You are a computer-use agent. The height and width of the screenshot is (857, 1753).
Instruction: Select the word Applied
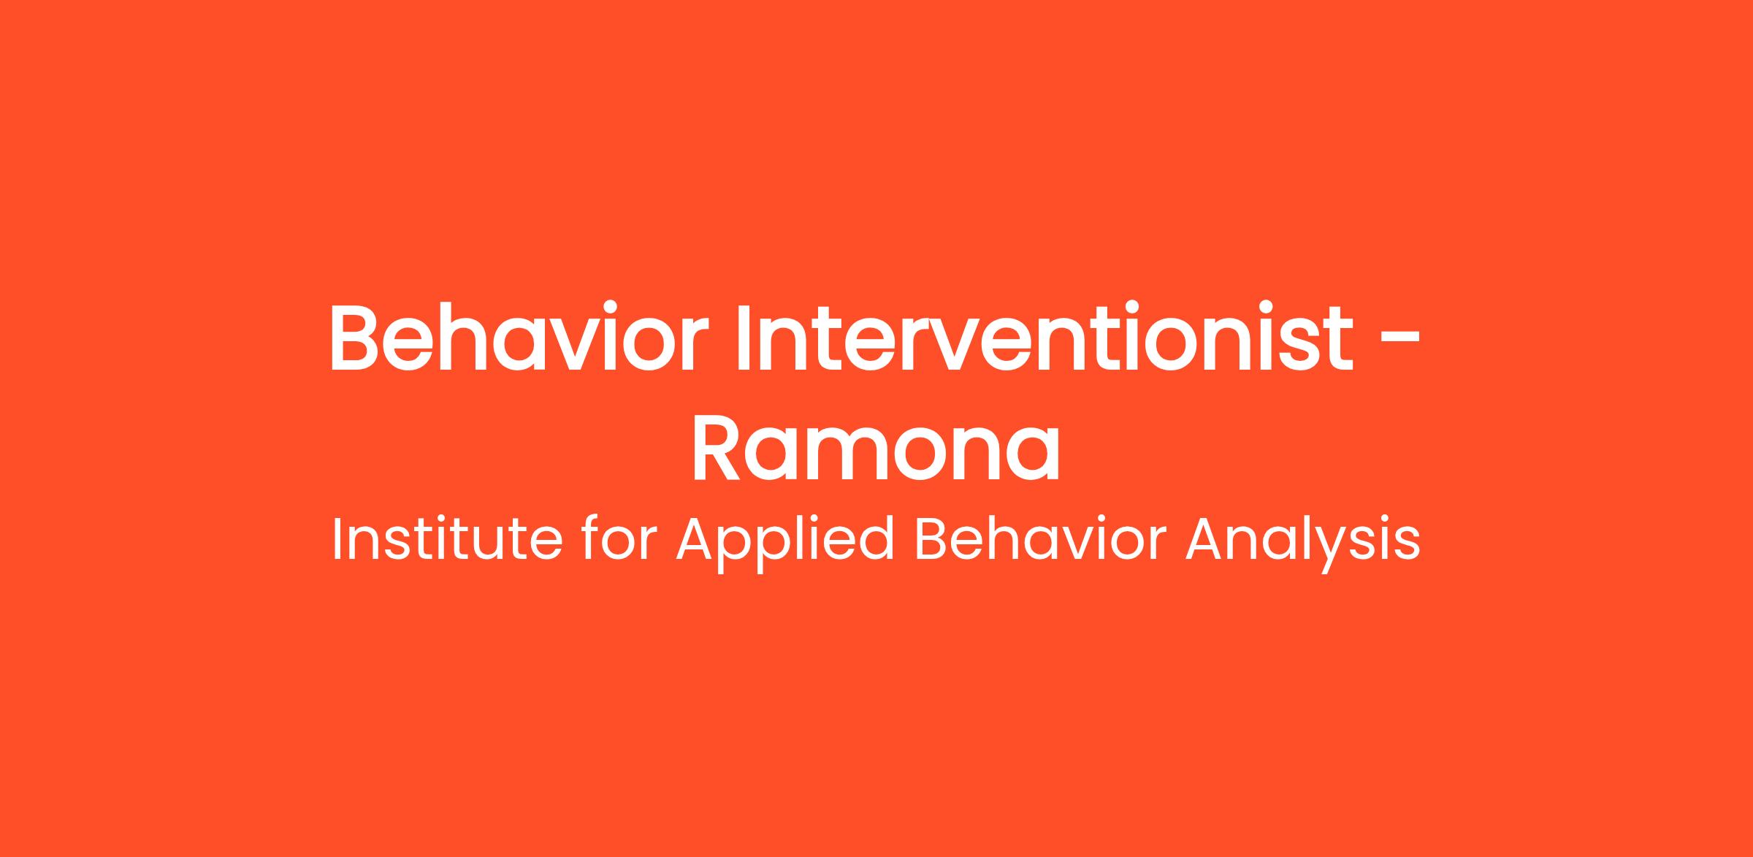786,544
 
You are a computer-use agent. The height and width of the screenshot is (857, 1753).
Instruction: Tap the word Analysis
1302,544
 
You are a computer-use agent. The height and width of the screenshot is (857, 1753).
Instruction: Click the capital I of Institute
336,540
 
